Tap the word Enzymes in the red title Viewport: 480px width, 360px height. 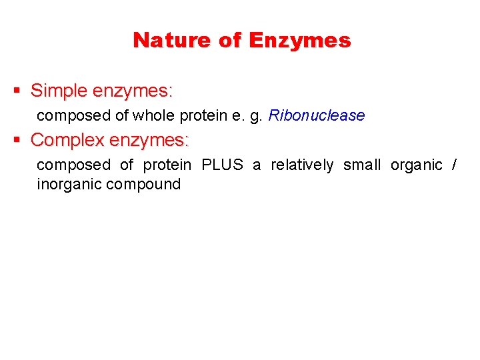coord(299,40)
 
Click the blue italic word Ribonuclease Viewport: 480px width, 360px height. coord(316,115)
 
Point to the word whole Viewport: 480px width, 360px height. coord(153,115)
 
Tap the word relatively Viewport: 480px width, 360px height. coord(302,165)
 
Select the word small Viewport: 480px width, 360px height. coord(362,165)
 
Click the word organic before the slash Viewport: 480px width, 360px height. coord(417,165)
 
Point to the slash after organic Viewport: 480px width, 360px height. coord(454,165)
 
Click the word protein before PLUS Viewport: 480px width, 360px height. coord(167,165)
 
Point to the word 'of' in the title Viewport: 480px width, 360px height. coord(230,40)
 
